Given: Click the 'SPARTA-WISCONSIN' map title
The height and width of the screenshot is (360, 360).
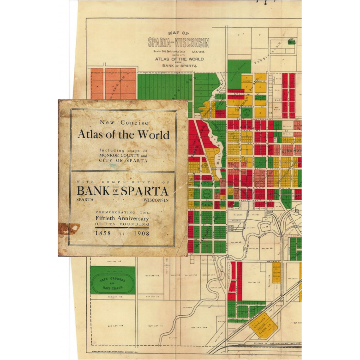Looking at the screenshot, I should pos(179,43).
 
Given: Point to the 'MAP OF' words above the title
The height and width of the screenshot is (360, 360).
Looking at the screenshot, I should pos(179,34).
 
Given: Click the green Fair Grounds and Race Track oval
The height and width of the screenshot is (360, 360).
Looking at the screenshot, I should pos(113,280).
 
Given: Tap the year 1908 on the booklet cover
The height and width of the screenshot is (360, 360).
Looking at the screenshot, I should pos(142,234).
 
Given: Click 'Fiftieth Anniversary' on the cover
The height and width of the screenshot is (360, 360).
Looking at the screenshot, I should pos(122,218).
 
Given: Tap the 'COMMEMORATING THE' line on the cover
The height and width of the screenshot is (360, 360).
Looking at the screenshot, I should pos(122,211).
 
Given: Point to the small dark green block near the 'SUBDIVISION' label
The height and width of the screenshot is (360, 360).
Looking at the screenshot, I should pos(291,42).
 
